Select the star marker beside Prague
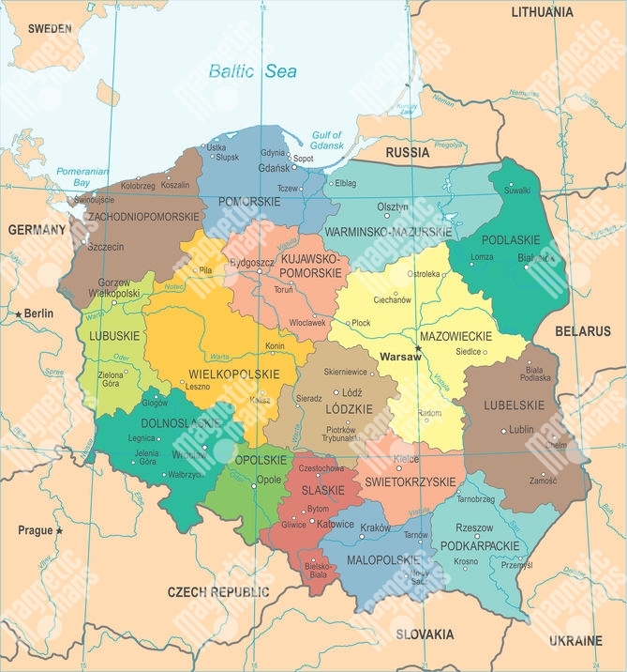click(59, 530)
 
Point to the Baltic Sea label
click(252, 71)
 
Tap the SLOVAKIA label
click(425, 634)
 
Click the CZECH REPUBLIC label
click(217, 591)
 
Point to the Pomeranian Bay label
click(82, 176)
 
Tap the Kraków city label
click(375, 528)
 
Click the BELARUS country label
click(582, 331)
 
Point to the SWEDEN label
click(49, 29)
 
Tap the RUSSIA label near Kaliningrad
click(407, 152)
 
